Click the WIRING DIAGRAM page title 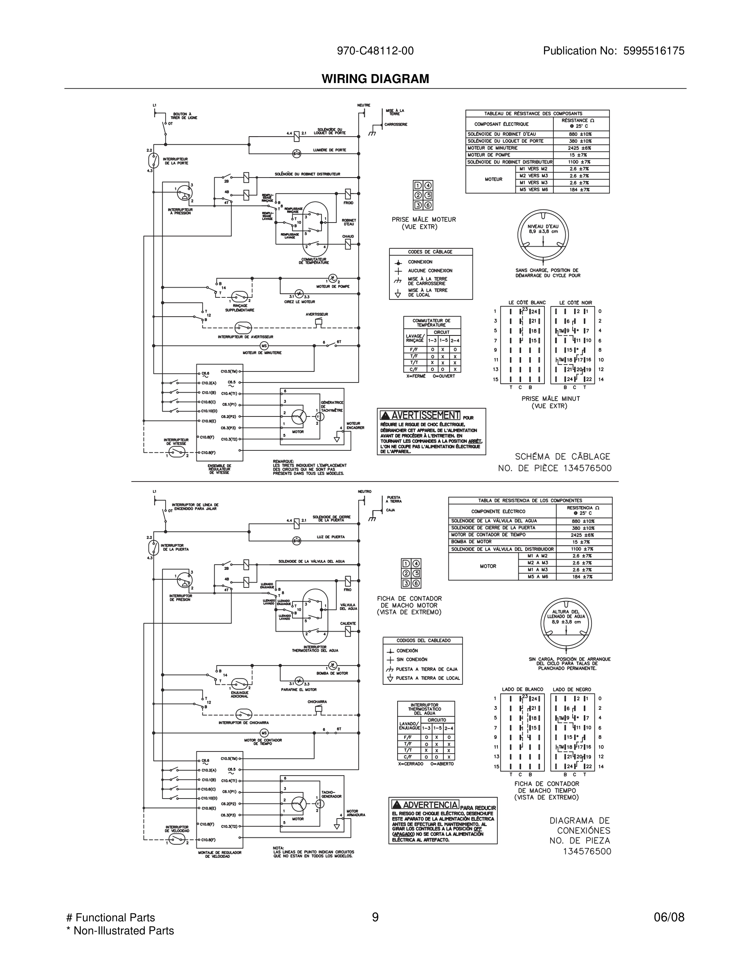point(375,79)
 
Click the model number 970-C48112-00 point(375,51)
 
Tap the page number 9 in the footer point(375,917)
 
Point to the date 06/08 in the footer point(669,917)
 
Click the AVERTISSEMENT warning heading point(420,415)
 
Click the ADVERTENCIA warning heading point(425,805)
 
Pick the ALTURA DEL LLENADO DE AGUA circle point(566,623)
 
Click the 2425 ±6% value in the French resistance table point(580,148)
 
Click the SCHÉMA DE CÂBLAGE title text point(562,457)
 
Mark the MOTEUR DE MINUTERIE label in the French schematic point(262,353)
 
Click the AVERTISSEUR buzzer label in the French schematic point(317,314)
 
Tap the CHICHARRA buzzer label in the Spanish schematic point(317,702)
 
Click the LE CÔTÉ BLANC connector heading point(527,303)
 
